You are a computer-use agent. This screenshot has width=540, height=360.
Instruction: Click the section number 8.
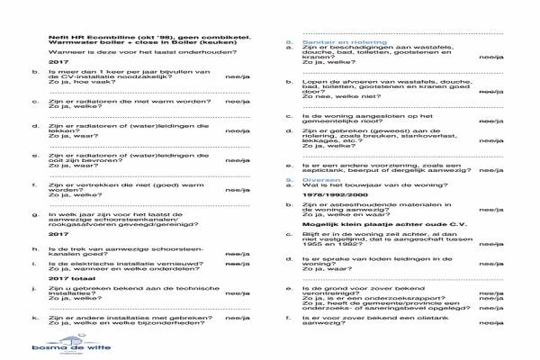[x=288, y=42]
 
